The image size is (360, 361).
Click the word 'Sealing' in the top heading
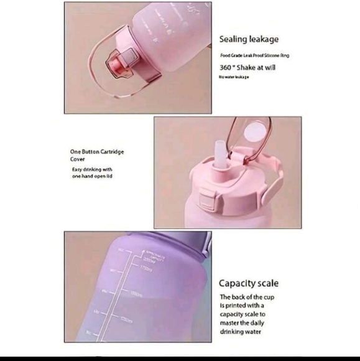click(232, 40)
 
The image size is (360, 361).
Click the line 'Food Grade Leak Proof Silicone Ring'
click(254, 55)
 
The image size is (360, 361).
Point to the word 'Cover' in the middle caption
click(77, 159)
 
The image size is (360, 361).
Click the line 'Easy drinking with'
click(91, 169)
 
